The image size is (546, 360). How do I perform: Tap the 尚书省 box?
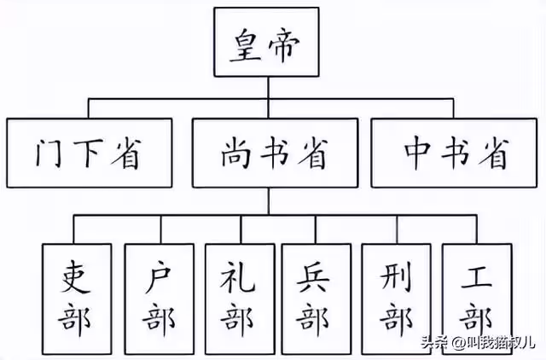tap(274, 154)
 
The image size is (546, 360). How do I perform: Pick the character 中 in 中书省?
tap(416, 154)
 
